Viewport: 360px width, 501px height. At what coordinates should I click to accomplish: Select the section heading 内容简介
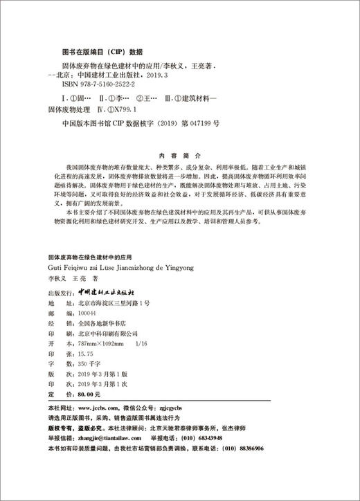180,155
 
